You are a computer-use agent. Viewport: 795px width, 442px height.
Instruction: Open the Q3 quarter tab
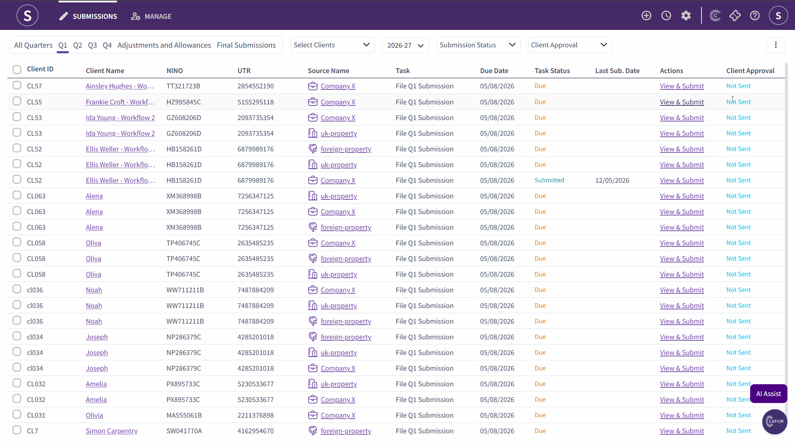[92, 45]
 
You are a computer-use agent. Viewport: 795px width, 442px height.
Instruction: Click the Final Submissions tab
[246, 45]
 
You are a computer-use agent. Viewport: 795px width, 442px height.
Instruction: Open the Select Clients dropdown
[332, 45]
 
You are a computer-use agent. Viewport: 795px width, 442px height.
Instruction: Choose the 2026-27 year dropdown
[405, 45]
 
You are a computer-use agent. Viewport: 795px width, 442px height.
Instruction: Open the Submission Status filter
[478, 45]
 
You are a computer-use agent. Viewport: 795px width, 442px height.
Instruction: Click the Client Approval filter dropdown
[570, 45]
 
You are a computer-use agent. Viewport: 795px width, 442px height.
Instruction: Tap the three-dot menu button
[776, 45]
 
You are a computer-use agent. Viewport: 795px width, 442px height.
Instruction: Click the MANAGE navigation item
[151, 16]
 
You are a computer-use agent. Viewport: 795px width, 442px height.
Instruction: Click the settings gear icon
[686, 16]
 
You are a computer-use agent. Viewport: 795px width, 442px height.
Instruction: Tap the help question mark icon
[755, 16]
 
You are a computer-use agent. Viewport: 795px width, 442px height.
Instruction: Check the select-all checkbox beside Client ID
[17, 69]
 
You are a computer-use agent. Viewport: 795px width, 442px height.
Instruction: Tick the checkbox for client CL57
[17, 85]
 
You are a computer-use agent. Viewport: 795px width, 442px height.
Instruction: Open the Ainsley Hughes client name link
[120, 86]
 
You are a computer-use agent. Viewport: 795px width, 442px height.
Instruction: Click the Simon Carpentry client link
[112, 431]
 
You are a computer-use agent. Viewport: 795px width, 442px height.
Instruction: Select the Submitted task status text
[549, 180]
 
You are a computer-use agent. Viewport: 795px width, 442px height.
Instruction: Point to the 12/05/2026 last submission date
[612, 180]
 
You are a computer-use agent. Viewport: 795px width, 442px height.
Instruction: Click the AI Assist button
[769, 394]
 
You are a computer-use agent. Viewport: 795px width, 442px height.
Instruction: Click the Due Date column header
[494, 71]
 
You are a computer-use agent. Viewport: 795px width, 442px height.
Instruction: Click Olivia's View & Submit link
[682, 415]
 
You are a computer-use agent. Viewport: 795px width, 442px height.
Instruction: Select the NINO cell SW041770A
[184, 431]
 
